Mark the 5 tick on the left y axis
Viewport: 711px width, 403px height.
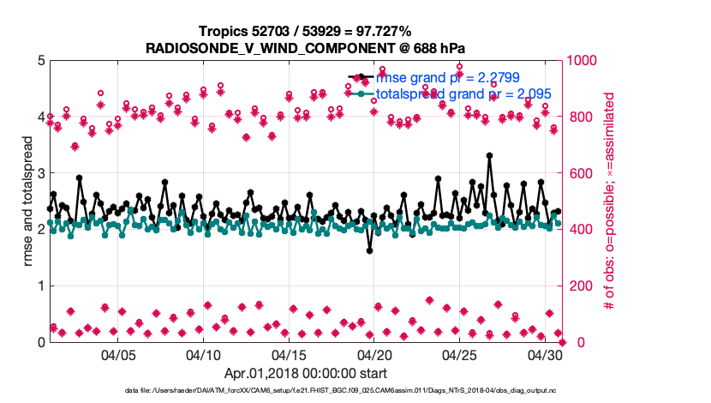39,61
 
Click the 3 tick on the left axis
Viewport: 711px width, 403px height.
39,173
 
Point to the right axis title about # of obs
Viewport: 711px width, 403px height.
610,201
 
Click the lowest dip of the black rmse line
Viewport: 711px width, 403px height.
369,250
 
